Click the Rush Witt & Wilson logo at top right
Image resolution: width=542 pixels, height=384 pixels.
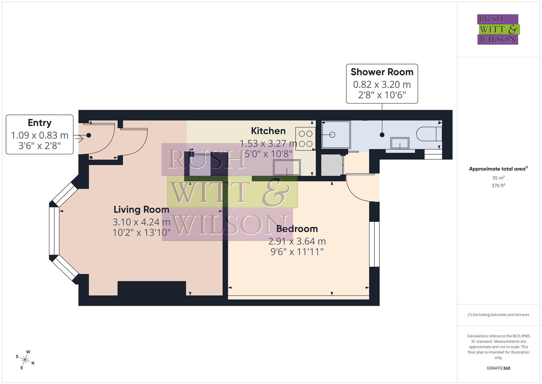point(498,29)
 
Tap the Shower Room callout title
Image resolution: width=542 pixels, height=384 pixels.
point(382,72)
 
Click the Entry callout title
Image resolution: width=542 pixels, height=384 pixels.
point(39,123)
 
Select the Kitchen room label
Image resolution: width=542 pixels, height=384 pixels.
point(268,131)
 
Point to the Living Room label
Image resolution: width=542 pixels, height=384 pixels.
point(141,209)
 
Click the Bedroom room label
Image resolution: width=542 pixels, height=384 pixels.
point(297,229)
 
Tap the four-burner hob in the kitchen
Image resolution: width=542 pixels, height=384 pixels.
point(305,139)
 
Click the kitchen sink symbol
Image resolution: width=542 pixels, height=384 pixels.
point(286,167)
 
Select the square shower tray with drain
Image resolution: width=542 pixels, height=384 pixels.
point(336,135)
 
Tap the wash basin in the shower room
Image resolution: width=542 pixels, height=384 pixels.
point(400,144)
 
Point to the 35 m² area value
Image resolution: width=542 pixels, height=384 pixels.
point(498,178)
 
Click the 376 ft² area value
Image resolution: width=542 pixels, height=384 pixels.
point(498,186)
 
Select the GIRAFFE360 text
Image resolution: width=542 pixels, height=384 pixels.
point(498,368)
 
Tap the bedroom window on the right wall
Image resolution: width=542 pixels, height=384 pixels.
point(374,244)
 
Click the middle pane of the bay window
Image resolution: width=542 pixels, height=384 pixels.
point(54,231)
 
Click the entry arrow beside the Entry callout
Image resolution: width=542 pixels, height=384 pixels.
point(79,138)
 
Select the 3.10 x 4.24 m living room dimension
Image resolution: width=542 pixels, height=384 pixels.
point(141,222)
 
